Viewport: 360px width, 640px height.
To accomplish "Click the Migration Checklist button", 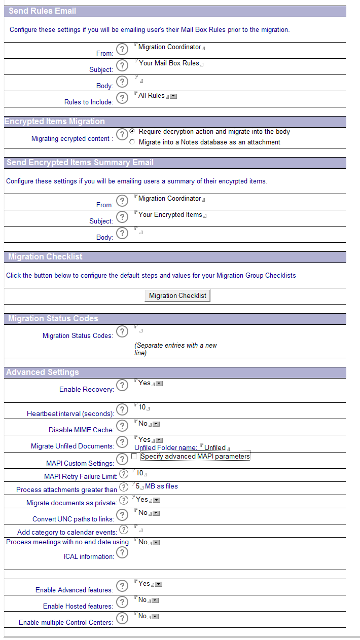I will [x=177, y=295].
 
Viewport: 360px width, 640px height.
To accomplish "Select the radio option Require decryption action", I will [x=132, y=131].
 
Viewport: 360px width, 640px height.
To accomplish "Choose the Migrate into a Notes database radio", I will [x=132, y=142].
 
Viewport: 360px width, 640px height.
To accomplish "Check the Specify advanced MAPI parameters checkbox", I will [x=134, y=456].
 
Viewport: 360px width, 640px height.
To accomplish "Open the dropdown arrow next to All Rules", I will [x=173, y=96].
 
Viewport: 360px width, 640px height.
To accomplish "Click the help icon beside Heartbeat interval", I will [x=122, y=409].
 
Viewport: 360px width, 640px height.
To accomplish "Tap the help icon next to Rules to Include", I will [x=122, y=98].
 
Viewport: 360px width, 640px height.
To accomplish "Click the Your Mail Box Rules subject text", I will [x=169, y=63].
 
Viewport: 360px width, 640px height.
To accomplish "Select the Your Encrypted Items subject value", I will [x=170, y=215].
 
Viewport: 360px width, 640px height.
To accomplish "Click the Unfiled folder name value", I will [x=215, y=448].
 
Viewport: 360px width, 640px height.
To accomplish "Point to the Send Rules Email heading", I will [x=42, y=11].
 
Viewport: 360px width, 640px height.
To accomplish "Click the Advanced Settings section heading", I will [x=43, y=372].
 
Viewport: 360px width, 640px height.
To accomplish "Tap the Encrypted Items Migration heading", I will [x=55, y=122].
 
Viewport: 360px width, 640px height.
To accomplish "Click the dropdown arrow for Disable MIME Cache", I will [x=156, y=424].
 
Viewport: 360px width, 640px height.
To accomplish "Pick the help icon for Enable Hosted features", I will [x=122, y=602].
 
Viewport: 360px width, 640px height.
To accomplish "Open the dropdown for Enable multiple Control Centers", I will [x=155, y=616].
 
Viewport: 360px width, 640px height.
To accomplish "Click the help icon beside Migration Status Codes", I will [x=122, y=331].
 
